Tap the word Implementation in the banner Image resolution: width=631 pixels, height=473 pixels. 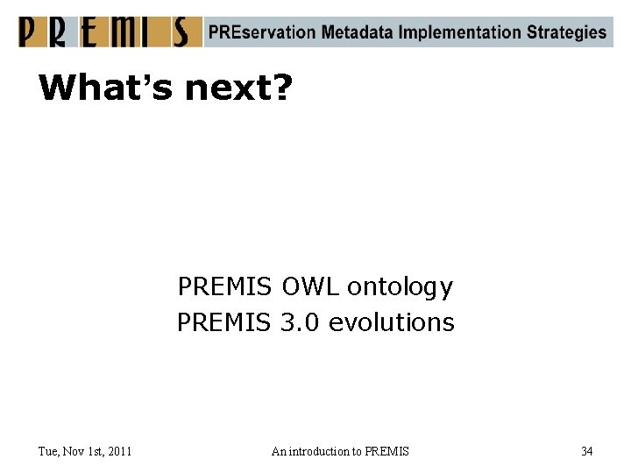(x=460, y=32)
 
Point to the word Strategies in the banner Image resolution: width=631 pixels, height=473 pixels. (x=567, y=32)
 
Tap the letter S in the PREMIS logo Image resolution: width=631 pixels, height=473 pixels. (x=181, y=32)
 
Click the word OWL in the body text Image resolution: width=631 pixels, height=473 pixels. (x=310, y=286)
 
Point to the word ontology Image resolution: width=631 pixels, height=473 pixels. (x=401, y=287)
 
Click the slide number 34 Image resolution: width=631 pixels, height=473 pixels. (x=586, y=451)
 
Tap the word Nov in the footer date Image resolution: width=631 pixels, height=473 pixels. (x=74, y=451)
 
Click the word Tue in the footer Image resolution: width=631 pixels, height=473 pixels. (x=48, y=451)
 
